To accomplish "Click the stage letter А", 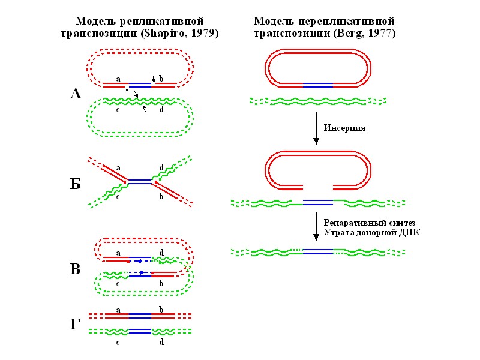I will [x=75, y=94].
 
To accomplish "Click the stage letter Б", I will [x=75, y=184].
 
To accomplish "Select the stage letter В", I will [x=75, y=269].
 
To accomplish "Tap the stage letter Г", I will [x=75, y=325].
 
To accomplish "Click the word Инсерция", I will [x=344, y=128].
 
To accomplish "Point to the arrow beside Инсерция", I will [x=316, y=128].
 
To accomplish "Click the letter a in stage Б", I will [x=118, y=168].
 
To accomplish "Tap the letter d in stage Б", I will [x=161, y=168].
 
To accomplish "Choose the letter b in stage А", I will [x=161, y=79].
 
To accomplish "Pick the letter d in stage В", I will [x=161, y=253].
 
